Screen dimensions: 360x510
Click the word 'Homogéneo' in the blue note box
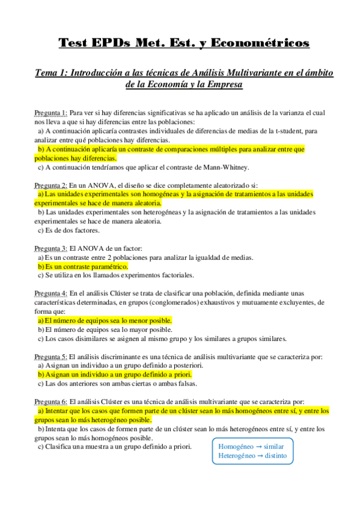pyautogui.click(x=236, y=447)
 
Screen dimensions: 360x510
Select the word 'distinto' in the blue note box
pyautogui.click(x=275, y=456)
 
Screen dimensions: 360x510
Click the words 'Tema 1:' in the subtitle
pyautogui.click(x=52, y=72)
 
